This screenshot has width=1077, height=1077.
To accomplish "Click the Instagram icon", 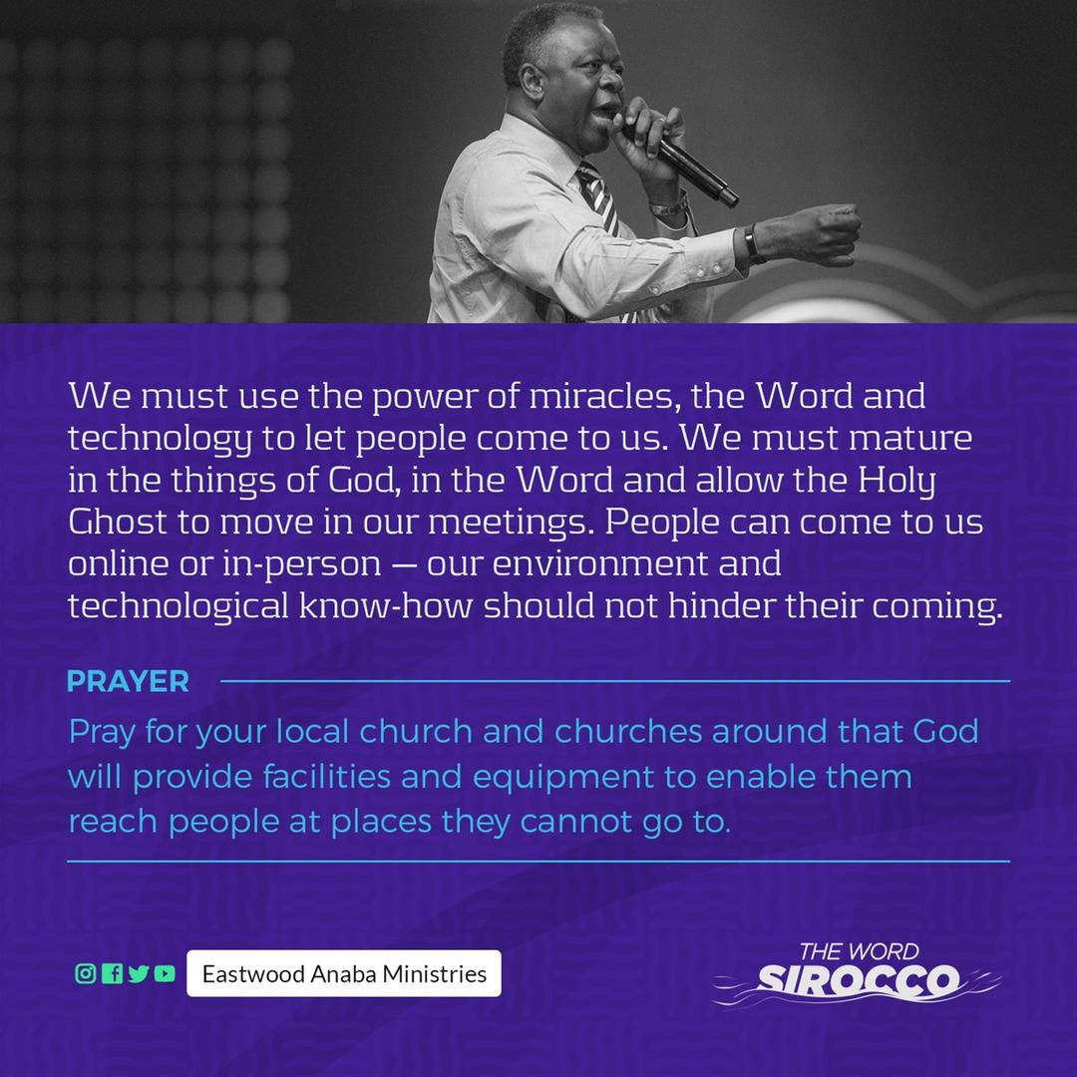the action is pyautogui.click(x=85, y=973).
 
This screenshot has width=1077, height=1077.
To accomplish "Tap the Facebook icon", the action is pyautogui.click(x=112, y=973).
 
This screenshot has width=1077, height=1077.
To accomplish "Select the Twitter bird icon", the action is pyautogui.click(x=138, y=973).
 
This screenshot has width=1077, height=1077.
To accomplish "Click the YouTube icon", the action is pyautogui.click(x=165, y=973).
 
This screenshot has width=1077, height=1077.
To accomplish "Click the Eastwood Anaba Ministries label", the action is pyautogui.click(x=344, y=973).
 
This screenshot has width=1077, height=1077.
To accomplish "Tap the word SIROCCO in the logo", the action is pyautogui.click(x=858, y=981).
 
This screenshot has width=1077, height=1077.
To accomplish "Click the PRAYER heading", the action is pyautogui.click(x=128, y=681).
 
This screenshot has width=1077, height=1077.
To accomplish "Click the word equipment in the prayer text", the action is pyautogui.click(x=562, y=778).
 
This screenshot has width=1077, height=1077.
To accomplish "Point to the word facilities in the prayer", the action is pyautogui.click(x=327, y=776).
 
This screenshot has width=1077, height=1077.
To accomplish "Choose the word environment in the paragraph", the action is pyautogui.click(x=599, y=563).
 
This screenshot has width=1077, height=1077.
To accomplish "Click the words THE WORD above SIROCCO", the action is pyautogui.click(x=859, y=951).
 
